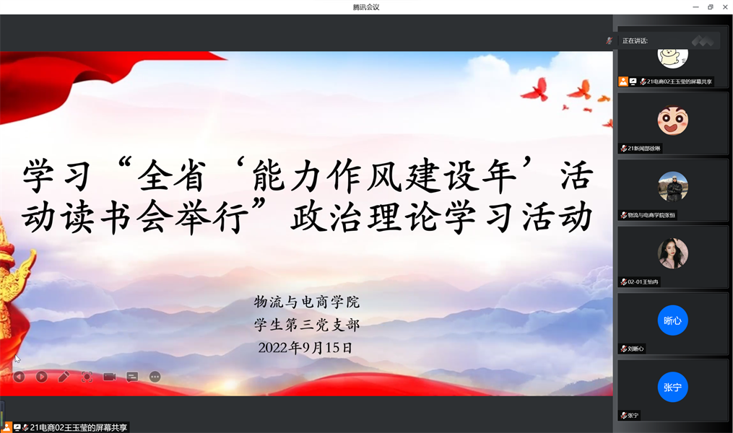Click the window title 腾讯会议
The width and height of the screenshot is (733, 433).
click(366, 7)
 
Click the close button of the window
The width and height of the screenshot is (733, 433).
click(725, 7)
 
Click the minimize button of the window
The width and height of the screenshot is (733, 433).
click(695, 7)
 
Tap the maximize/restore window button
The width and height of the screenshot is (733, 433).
click(711, 7)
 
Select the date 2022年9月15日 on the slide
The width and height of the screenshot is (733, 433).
click(305, 348)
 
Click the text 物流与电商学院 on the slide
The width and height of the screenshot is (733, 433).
click(307, 302)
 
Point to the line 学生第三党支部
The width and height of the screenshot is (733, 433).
click(307, 325)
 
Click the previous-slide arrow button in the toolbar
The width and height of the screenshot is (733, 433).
click(19, 377)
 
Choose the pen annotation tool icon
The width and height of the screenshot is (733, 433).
click(64, 377)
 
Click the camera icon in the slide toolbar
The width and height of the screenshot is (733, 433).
click(109, 377)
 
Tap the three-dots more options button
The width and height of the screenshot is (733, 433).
click(155, 377)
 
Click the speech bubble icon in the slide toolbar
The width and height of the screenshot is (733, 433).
click(132, 377)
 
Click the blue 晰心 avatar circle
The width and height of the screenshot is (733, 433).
click(672, 320)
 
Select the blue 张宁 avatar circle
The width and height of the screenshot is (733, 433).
click(672, 388)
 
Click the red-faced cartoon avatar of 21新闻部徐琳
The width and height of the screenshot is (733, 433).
click(672, 120)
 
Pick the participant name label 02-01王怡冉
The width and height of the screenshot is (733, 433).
click(643, 281)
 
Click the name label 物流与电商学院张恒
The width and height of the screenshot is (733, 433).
click(651, 215)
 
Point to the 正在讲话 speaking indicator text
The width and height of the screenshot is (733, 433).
click(635, 41)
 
